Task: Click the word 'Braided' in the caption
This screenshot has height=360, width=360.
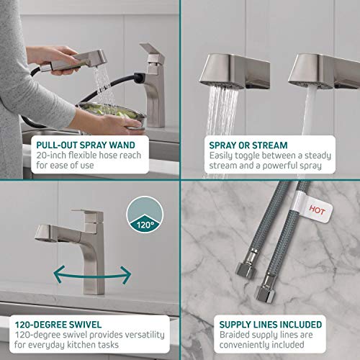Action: [x=224, y=334]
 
